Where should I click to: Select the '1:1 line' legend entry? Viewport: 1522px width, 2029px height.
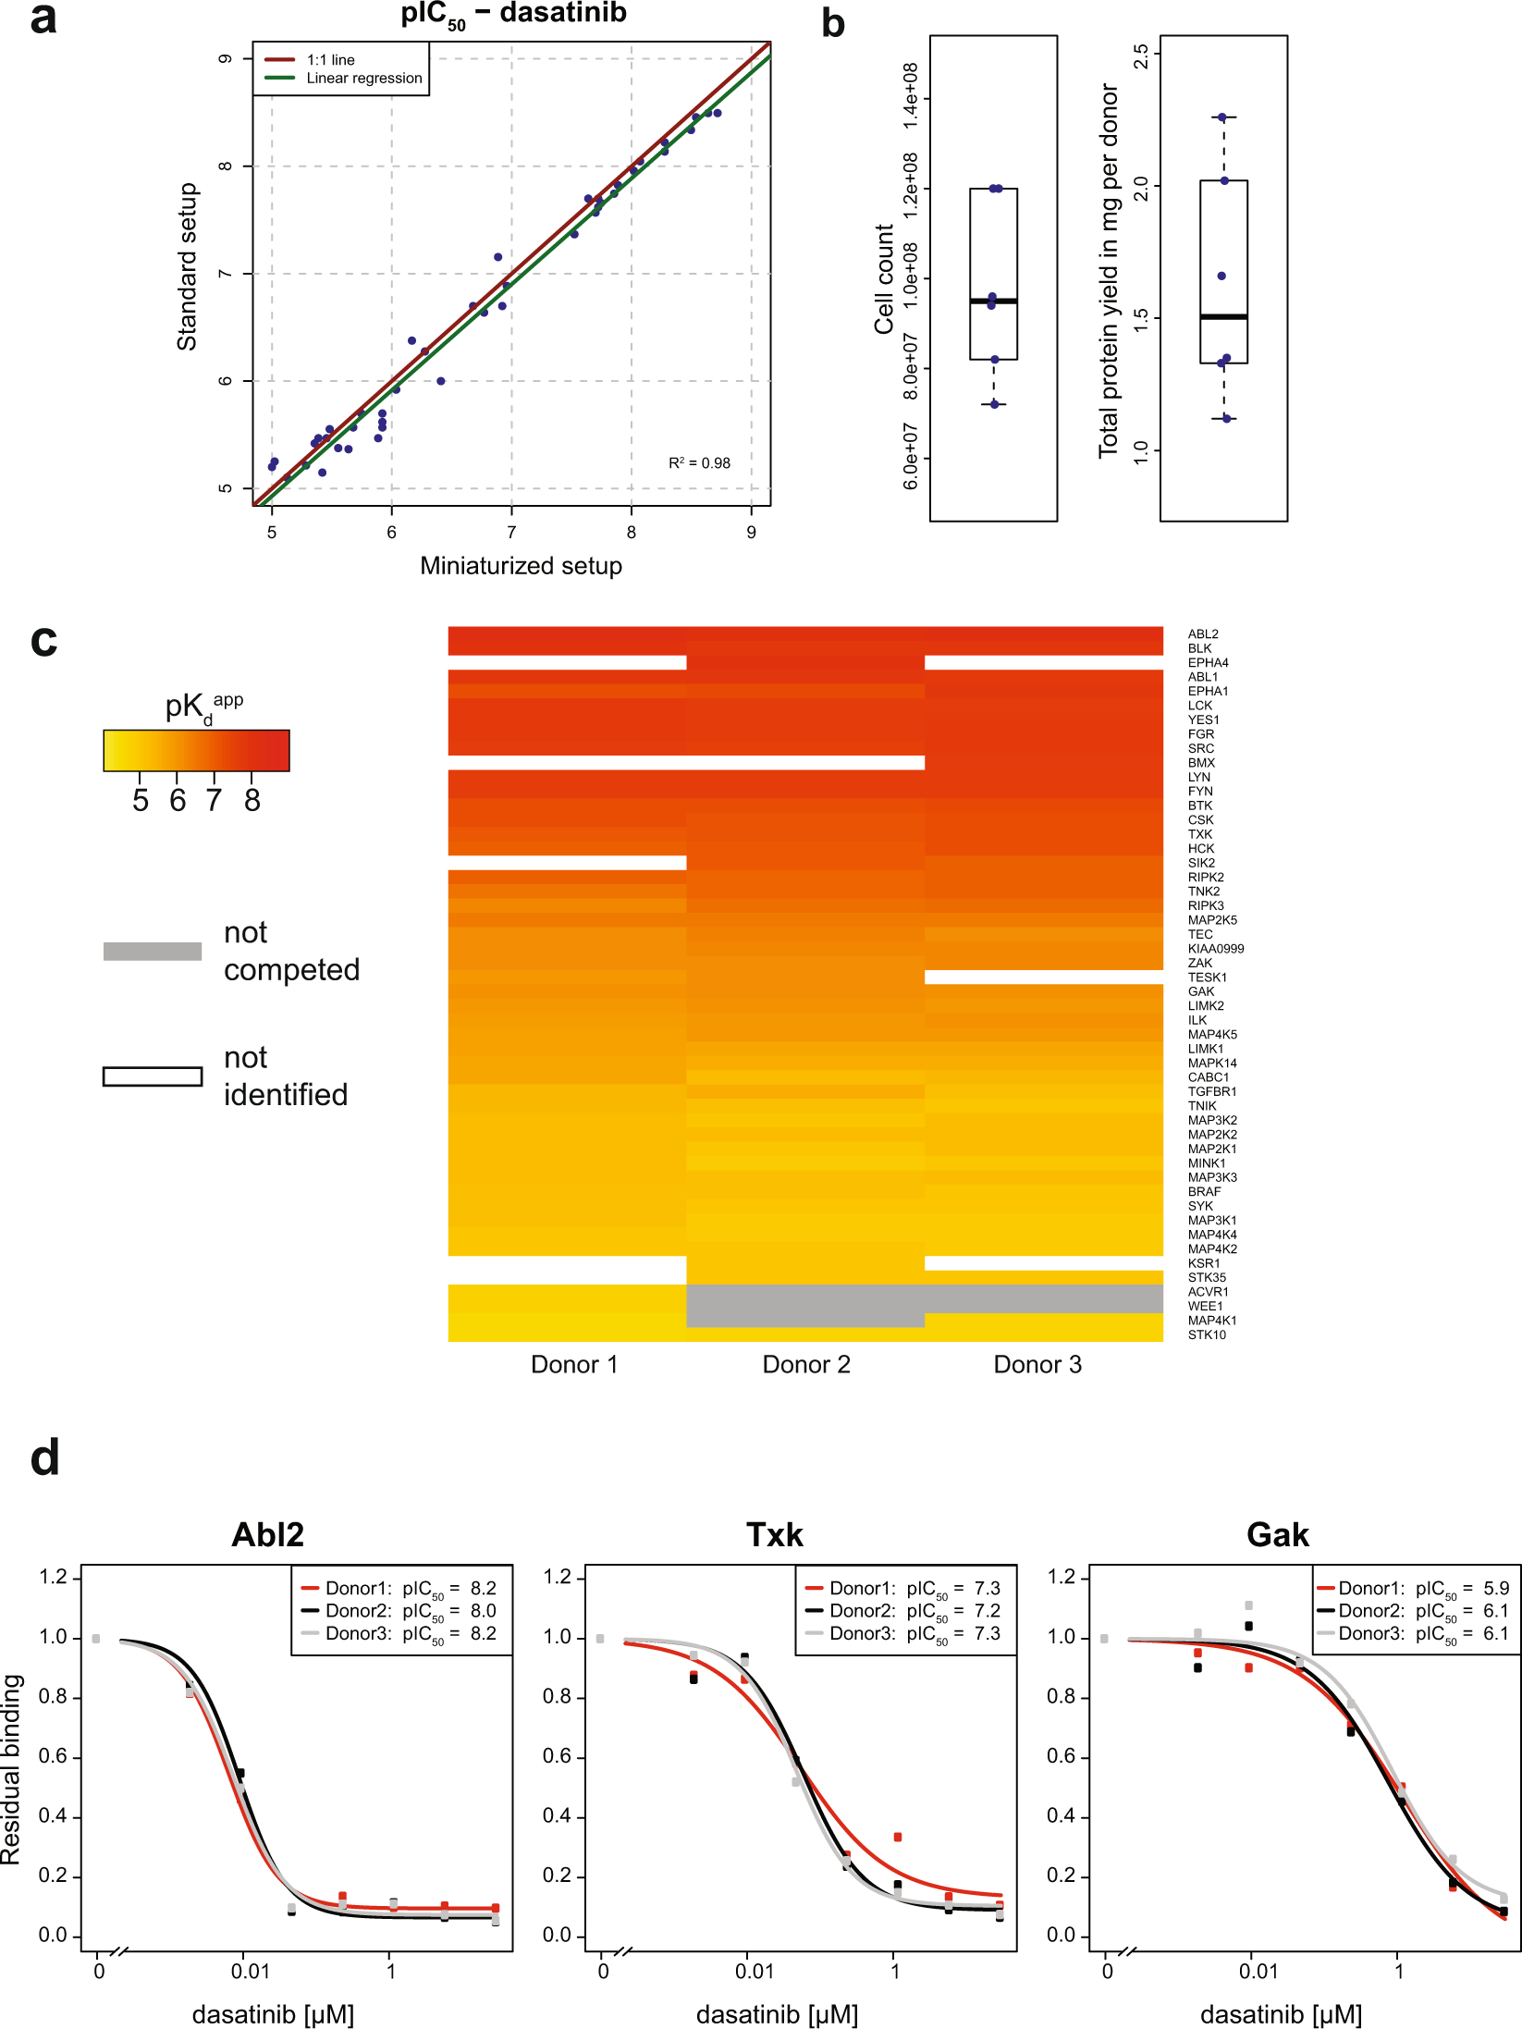point(330,60)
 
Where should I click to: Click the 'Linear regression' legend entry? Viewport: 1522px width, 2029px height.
point(363,79)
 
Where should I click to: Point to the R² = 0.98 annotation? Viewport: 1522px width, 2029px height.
point(699,463)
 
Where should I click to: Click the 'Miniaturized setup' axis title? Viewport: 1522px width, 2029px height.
point(521,566)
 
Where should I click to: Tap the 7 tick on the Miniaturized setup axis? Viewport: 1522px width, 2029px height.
point(511,533)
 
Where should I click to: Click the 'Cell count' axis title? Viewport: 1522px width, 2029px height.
point(884,278)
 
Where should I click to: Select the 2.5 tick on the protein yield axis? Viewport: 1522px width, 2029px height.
point(1141,56)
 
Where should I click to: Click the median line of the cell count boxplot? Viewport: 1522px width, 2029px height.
point(993,301)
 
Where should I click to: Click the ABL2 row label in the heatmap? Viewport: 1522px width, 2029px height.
point(1203,634)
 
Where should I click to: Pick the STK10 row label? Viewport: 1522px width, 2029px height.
point(1207,1334)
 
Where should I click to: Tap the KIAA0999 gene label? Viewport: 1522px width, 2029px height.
point(1216,949)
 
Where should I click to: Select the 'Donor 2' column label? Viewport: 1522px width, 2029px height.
point(805,1365)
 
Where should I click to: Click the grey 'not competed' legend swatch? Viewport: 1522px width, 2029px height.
point(153,952)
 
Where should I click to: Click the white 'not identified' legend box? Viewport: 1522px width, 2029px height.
point(153,1076)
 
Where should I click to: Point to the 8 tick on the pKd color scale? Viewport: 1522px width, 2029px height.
point(252,800)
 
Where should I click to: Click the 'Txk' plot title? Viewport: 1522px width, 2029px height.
point(774,1535)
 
